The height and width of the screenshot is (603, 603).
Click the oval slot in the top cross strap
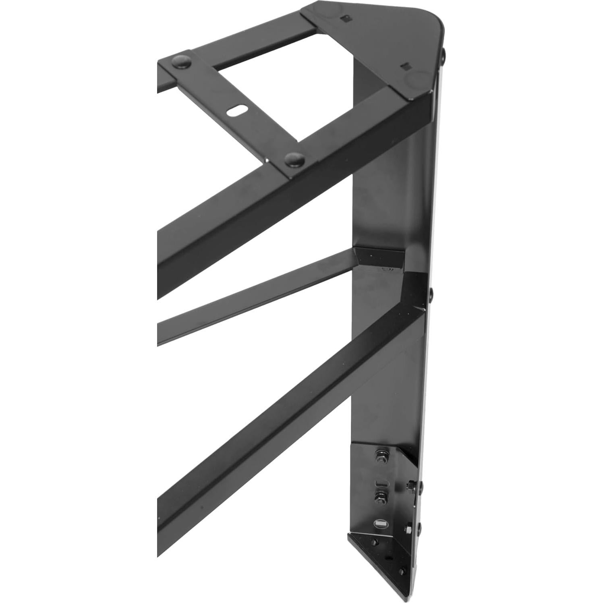[238, 111]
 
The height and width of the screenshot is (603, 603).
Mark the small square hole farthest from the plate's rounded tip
[345, 18]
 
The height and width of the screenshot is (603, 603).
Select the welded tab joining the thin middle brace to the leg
[379, 257]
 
